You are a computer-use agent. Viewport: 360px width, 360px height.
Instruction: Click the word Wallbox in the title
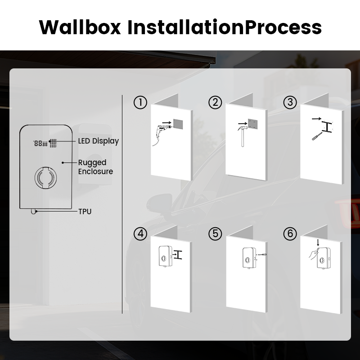pyautogui.click(x=80, y=27)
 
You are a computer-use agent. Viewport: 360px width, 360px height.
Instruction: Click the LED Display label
pyautogui.click(x=98, y=141)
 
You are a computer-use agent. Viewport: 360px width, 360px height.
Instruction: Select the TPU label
pyautogui.click(x=85, y=211)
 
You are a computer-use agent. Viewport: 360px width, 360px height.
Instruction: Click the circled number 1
pyautogui.click(x=140, y=103)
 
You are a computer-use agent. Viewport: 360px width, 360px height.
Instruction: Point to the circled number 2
pyautogui.click(x=216, y=103)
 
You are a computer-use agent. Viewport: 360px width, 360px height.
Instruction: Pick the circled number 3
pyautogui.click(x=290, y=103)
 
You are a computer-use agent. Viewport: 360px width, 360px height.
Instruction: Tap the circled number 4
pyautogui.click(x=140, y=234)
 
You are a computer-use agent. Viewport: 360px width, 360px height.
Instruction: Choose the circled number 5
pyautogui.click(x=216, y=234)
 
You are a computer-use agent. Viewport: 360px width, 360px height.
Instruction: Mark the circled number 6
pyautogui.click(x=290, y=234)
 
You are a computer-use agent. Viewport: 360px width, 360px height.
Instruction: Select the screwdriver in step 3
pyautogui.click(x=316, y=135)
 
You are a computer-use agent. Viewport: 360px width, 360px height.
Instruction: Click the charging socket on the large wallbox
pyautogui.click(x=45, y=177)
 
